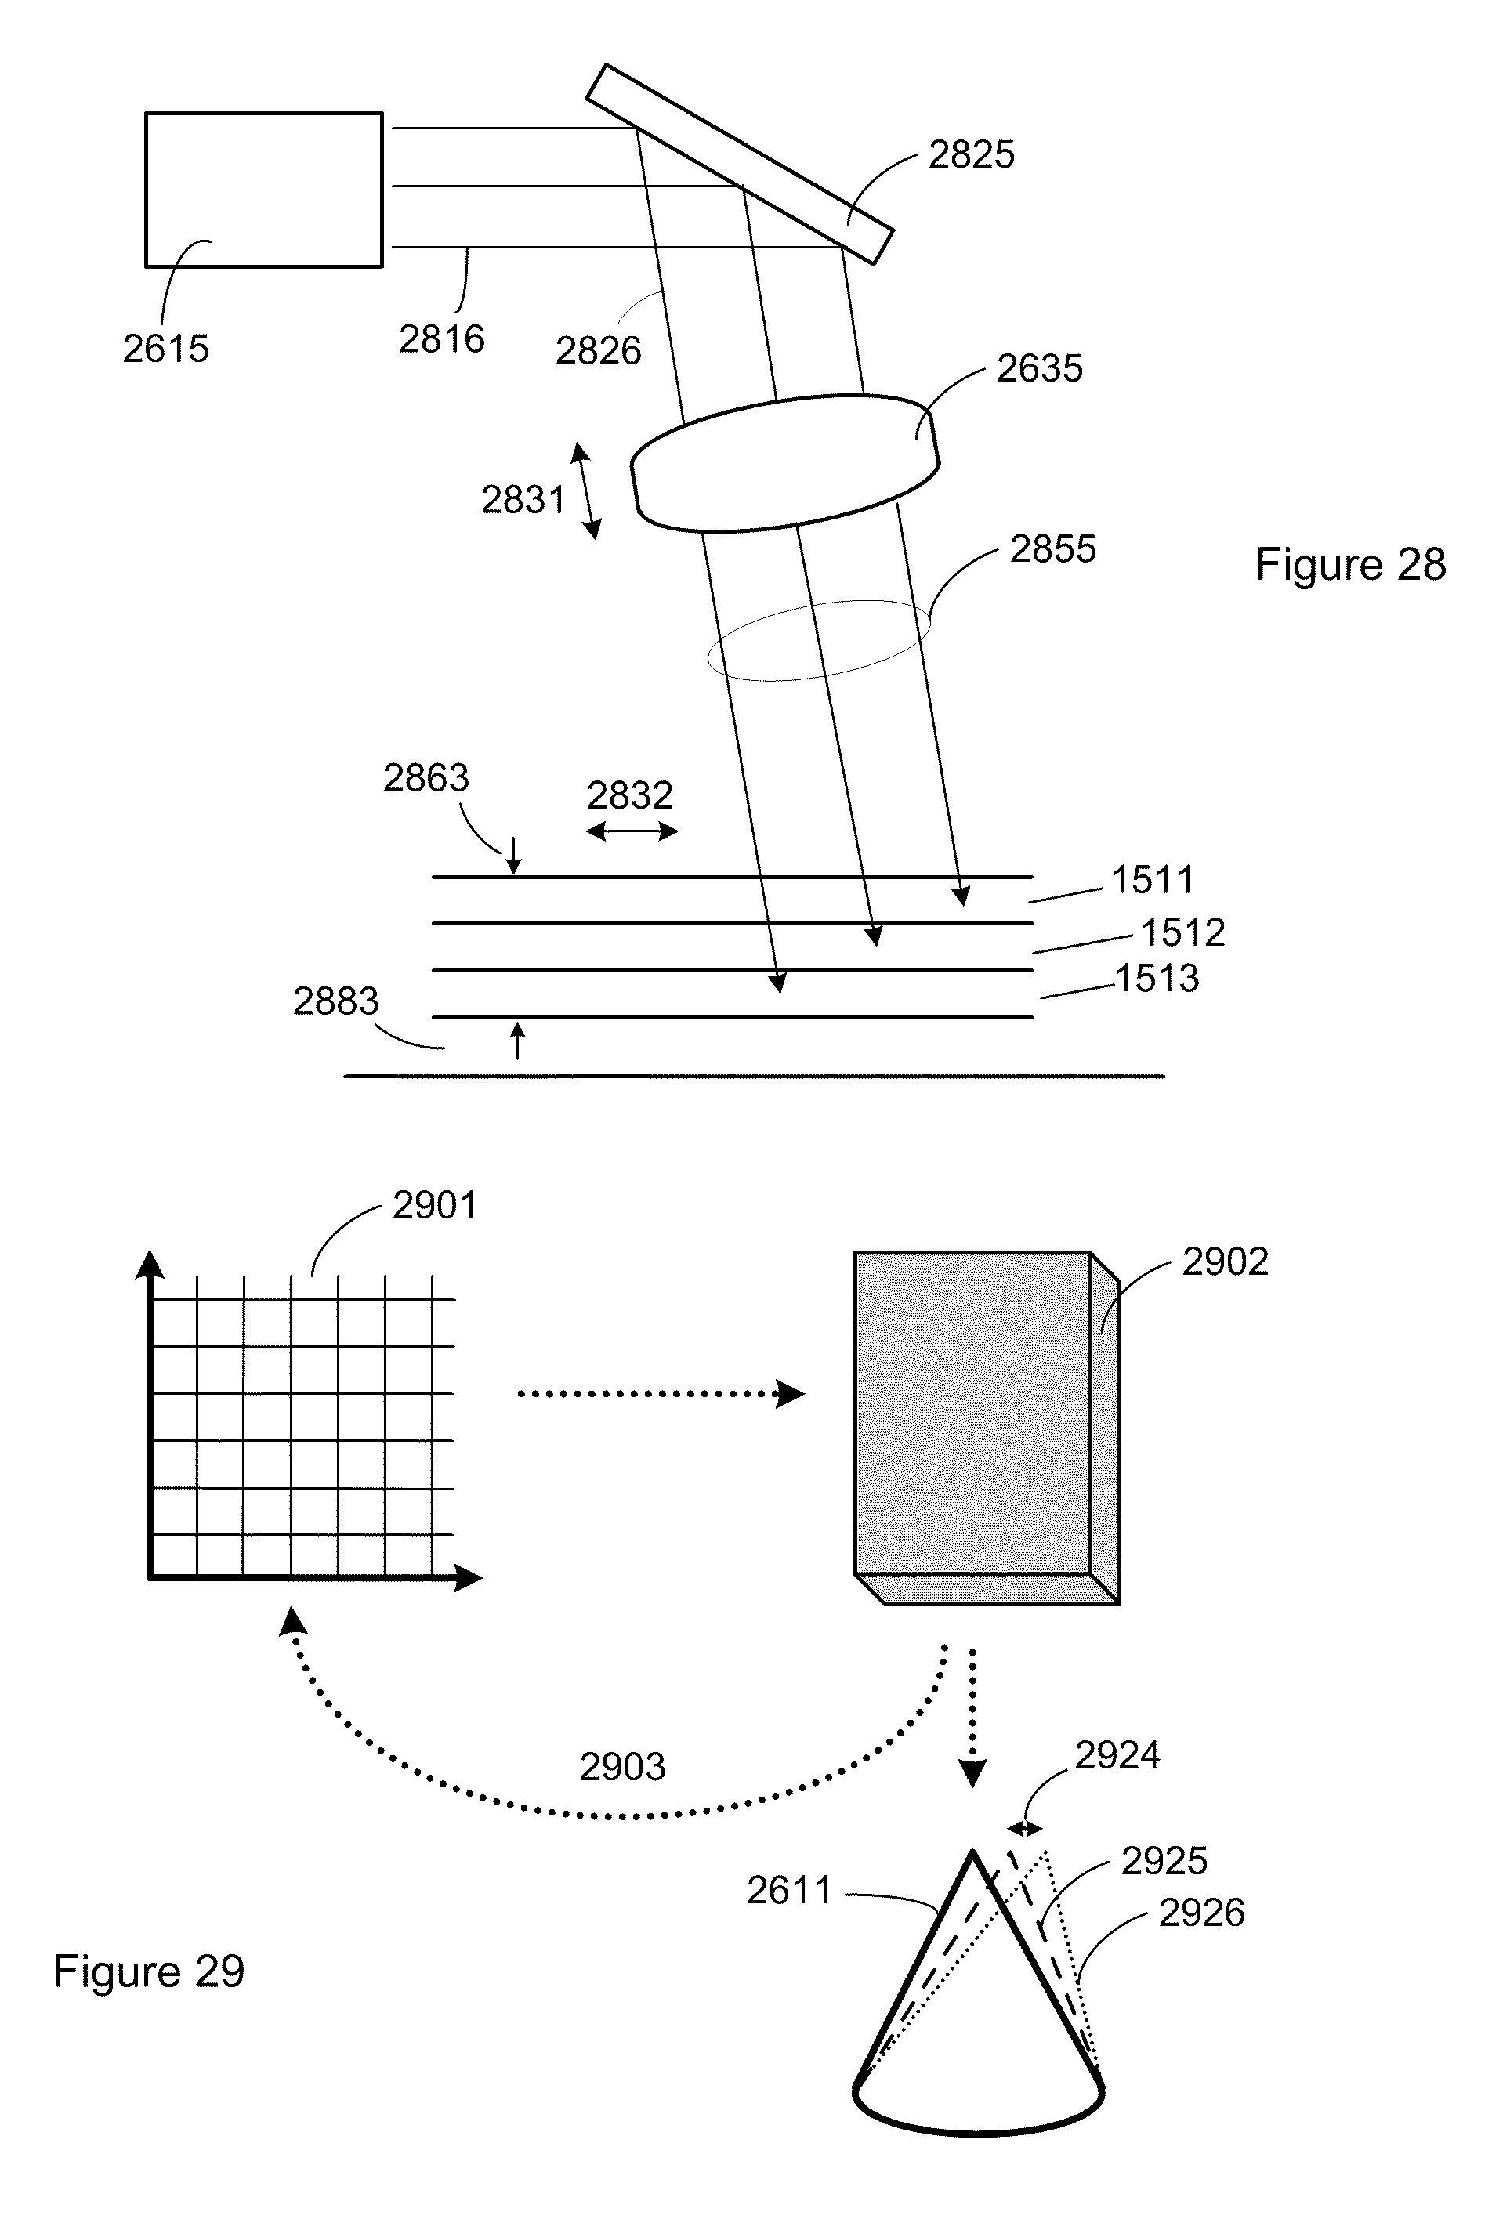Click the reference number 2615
pyautogui.click(x=165, y=349)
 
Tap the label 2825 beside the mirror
pyautogui.click(x=972, y=154)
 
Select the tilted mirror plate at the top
pyautogui.click(x=740, y=164)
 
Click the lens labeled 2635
pyautogui.click(x=785, y=462)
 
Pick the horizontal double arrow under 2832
pyautogui.click(x=632, y=831)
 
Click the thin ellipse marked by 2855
pyautogui.click(x=818, y=640)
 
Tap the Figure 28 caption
pyautogui.click(x=1350, y=564)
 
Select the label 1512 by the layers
pyautogui.click(x=1182, y=933)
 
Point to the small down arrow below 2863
pyautogui.click(x=514, y=856)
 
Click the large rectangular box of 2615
pyautogui.click(x=263, y=190)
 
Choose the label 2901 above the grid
pyautogui.click(x=435, y=1205)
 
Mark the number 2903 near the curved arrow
pyautogui.click(x=622, y=1767)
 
